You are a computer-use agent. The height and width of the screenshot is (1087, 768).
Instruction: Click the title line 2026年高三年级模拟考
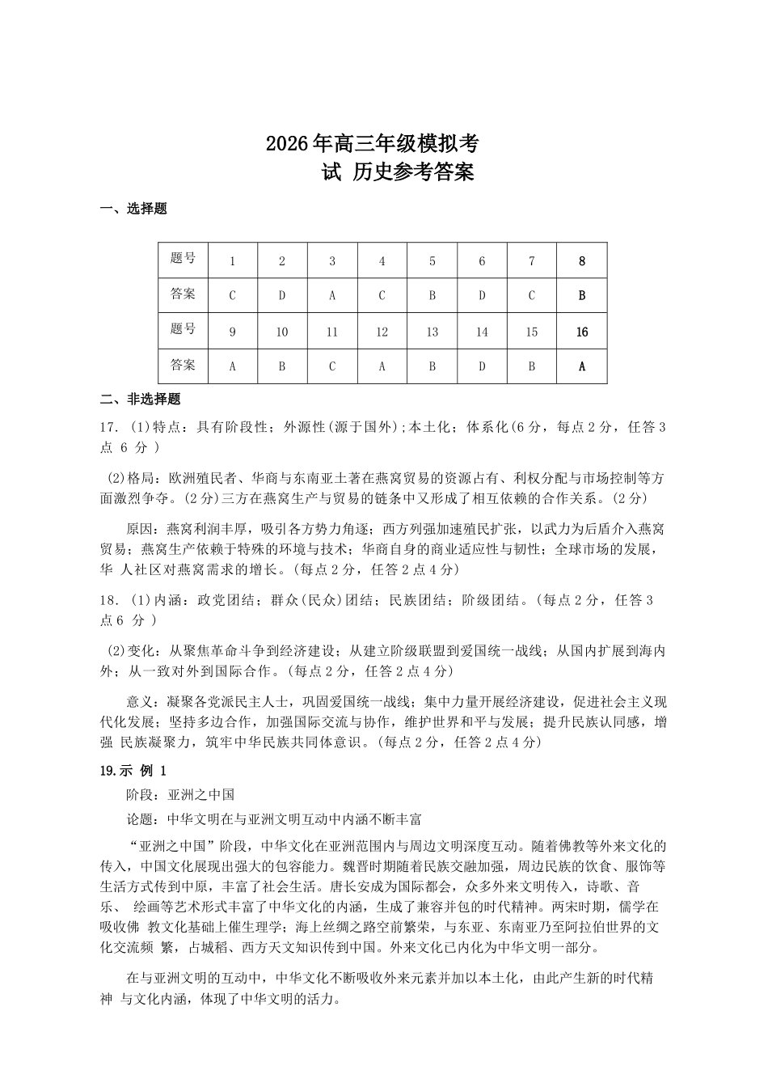[372, 144]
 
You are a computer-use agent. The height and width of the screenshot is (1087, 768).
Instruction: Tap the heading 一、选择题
[133, 209]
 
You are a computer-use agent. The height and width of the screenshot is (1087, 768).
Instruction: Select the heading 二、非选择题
[140, 399]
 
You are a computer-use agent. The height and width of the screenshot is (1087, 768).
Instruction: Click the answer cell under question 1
[233, 295]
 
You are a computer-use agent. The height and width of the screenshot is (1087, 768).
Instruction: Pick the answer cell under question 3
[332, 295]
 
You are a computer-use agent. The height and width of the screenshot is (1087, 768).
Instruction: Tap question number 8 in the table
[581, 261]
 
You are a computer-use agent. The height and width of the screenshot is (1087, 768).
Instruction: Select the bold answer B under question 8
[581, 295]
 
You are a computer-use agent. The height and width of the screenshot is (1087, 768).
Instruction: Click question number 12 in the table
[382, 332]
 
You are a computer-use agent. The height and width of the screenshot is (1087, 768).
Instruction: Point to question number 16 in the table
[581, 332]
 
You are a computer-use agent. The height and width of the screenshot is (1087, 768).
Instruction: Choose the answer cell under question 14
[482, 366]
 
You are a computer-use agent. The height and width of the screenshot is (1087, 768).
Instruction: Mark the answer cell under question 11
[332, 366]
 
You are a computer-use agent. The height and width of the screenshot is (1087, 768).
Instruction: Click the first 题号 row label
[184, 259]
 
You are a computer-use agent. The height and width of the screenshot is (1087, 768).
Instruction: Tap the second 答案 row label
[184, 365]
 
